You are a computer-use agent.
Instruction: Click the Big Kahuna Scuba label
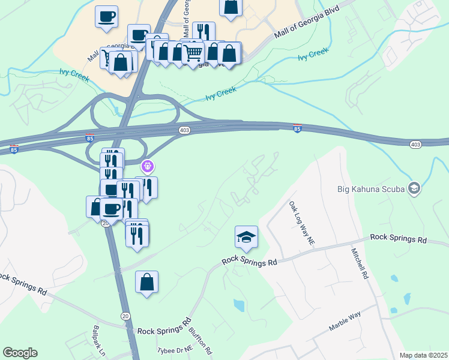point(367,190)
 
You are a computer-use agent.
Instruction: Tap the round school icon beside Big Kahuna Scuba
point(414,189)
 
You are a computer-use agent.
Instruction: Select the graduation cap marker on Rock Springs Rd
point(246,238)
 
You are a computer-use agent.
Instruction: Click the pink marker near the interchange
point(148,166)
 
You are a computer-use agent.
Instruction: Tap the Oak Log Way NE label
point(302,223)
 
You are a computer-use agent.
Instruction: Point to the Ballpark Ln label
point(99,340)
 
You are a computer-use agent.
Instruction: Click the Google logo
point(20,353)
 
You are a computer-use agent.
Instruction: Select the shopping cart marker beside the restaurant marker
point(193,52)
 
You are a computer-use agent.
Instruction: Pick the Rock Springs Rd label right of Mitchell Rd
point(398,238)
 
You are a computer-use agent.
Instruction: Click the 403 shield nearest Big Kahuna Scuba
point(415,145)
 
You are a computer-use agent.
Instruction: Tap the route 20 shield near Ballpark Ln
point(125,316)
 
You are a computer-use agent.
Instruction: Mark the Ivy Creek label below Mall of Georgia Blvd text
point(313,55)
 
